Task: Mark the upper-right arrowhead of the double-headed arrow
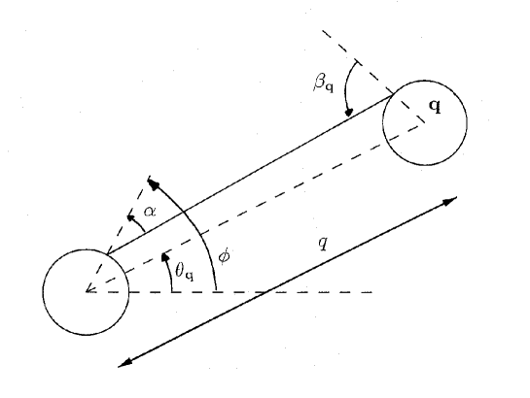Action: point(451,202)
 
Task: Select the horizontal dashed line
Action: point(292,291)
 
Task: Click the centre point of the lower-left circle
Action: point(88,290)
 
